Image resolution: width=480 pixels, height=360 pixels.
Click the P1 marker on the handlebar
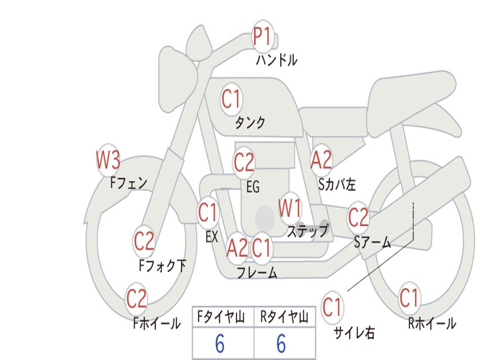(x=262, y=37)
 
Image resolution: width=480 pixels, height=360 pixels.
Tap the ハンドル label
(x=277, y=60)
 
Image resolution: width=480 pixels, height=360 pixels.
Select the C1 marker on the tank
(x=232, y=99)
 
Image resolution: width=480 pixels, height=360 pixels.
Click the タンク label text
(x=250, y=122)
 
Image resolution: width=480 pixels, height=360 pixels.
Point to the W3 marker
(x=108, y=160)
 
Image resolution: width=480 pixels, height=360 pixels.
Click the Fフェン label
(x=128, y=183)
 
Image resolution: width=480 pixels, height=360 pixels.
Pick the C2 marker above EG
(x=244, y=163)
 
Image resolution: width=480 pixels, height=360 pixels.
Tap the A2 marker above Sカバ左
(x=321, y=160)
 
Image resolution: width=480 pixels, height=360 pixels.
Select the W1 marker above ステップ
(x=290, y=208)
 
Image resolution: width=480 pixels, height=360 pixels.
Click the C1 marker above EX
(x=208, y=212)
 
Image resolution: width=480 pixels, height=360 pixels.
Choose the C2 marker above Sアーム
(x=358, y=217)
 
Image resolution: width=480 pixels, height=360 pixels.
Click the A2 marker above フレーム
(x=237, y=248)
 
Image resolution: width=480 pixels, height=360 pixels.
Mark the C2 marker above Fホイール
(x=136, y=299)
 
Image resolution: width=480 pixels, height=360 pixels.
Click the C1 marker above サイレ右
(x=332, y=307)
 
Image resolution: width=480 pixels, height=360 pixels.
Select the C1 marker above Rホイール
(x=409, y=298)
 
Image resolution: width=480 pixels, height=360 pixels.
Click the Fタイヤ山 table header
(x=221, y=317)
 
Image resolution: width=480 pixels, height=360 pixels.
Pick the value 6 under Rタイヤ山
(x=281, y=344)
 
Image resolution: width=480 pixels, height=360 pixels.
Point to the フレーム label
(x=257, y=272)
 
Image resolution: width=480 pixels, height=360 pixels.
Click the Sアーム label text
(x=373, y=242)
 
